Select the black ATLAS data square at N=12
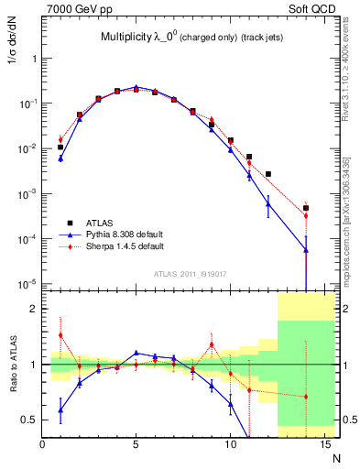267,174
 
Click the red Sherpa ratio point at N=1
61,335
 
